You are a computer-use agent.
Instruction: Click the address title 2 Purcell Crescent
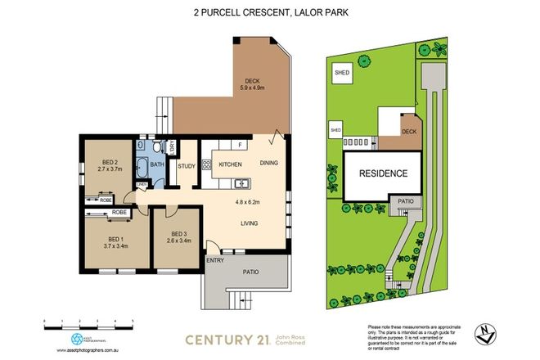click(269, 11)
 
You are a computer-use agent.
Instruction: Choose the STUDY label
click(187, 167)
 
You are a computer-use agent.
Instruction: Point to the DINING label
click(270, 164)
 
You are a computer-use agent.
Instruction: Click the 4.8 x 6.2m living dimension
click(246, 201)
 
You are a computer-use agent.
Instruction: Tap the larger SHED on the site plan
click(341, 73)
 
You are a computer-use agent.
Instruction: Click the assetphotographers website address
click(87, 350)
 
